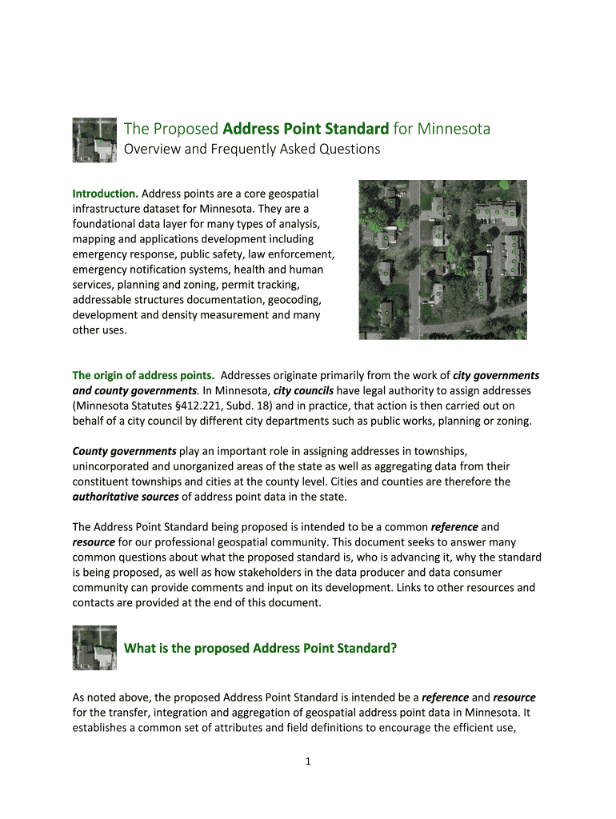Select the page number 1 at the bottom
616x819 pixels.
[x=307, y=761]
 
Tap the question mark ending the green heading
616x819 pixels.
[x=394, y=648]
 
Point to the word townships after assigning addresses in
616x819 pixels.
[x=426, y=451]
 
